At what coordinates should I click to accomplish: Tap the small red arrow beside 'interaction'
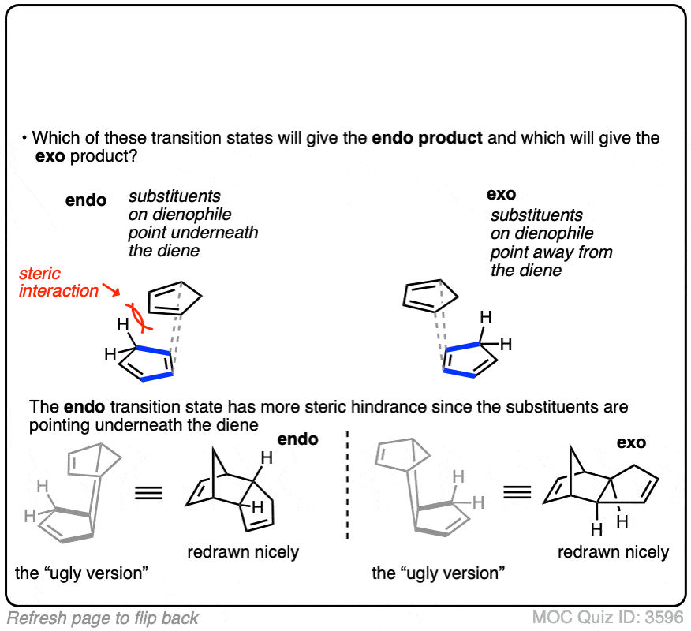click(x=110, y=293)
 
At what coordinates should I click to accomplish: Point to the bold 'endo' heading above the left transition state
click(x=85, y=200)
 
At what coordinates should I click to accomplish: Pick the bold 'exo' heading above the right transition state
click(x=501, y=194)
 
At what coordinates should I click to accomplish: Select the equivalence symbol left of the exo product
click(x=517, y=495)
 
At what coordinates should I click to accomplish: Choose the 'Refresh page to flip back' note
click(x=103, y=618)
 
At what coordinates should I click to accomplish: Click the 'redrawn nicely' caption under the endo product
click(x=243, y=551)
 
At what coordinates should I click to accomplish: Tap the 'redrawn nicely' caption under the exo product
click(x=613, y=551)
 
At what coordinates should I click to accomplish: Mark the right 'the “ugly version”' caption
click(x=438, y=573)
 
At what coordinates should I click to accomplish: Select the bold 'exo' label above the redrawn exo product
click(x=631, y=443)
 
